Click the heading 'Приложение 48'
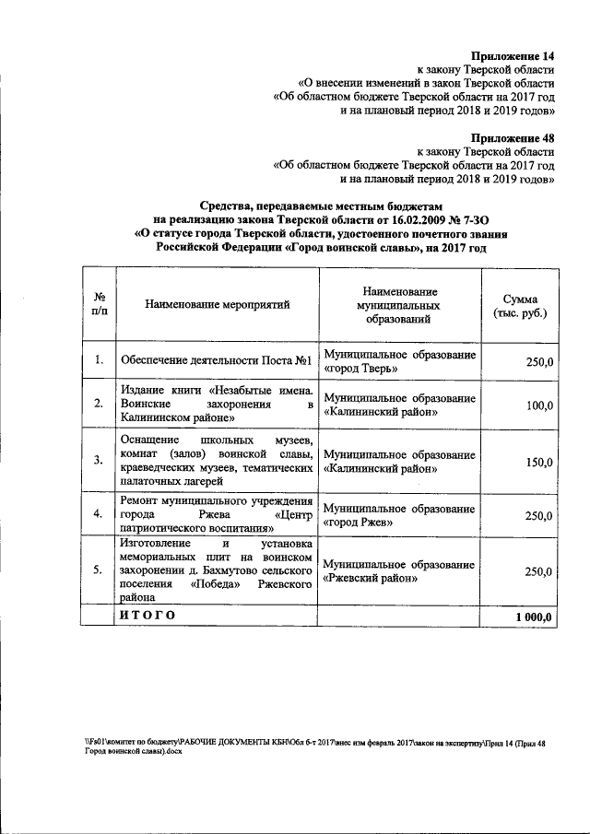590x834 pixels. [x=512, y=136]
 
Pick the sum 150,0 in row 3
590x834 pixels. [x=538, y=463]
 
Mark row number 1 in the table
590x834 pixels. [x=98, y=361]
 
